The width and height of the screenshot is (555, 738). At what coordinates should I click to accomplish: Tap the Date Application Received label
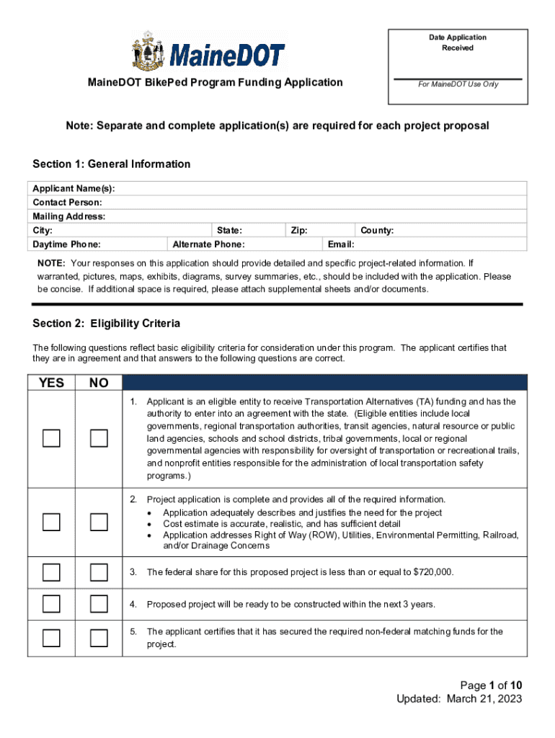(458, 43)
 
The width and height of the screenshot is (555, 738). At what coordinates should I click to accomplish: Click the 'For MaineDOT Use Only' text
(458, 84)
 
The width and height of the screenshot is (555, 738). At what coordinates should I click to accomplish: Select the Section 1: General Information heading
(112, 164)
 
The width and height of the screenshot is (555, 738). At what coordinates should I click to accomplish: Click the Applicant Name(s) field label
(74, 188)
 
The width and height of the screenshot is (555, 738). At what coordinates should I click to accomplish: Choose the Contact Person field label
(67, 203)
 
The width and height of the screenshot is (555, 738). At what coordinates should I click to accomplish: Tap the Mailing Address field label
(69, 216)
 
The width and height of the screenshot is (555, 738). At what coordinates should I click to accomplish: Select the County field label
(377, 231)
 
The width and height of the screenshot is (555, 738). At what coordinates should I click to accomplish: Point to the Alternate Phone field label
(208, 244)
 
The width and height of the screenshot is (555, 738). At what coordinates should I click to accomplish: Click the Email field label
(341, 244)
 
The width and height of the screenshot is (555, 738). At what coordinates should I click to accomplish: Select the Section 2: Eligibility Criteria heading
(107, 324)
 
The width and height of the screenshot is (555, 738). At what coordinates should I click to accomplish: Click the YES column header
(51, 383)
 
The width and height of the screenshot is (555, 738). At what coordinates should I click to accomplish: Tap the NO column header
(99, 383)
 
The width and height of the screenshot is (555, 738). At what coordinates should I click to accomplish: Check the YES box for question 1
(51, 438)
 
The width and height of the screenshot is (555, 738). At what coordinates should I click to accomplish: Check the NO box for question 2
(99, 523)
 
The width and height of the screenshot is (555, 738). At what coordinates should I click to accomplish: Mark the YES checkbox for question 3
(51, 572)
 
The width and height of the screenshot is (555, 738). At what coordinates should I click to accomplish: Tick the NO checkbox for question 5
(99, 638)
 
